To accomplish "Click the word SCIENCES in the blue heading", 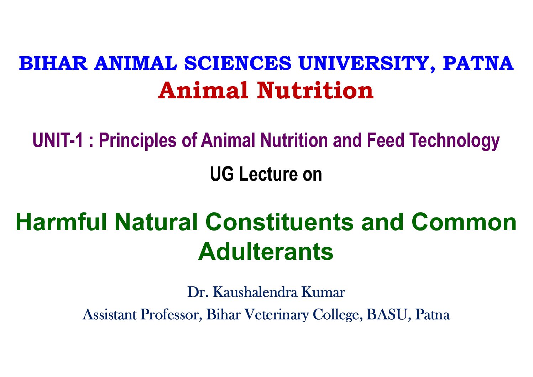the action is [238, 63].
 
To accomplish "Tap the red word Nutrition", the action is [315, 91].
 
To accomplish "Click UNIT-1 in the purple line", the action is [58, 140].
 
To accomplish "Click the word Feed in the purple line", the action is [386, 140].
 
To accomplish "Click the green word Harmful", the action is [61, 222].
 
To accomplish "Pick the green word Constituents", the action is [279, 222].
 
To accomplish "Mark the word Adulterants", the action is [266, 252].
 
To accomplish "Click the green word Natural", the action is [156, 222].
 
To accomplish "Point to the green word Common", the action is [464, 222].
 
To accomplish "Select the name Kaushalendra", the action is [255, 292].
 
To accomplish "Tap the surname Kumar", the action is [323, 292].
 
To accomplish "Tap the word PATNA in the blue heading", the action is [478, 63].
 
